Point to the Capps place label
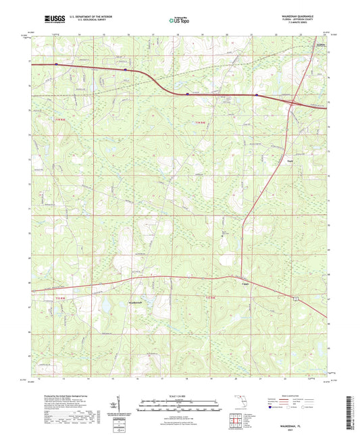coord(246,284)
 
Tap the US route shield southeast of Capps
coord(294,297)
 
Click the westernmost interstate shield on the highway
coord(57,66)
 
